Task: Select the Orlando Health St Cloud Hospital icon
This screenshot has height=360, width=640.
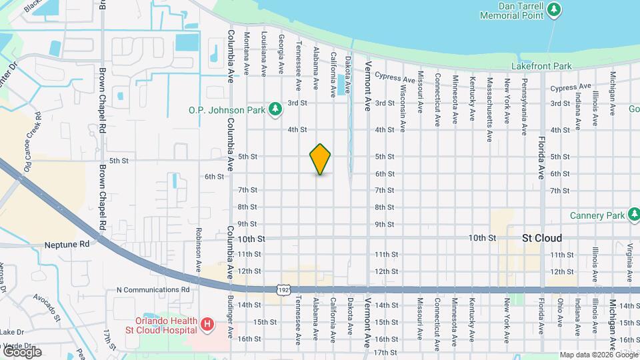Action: coord(207,325)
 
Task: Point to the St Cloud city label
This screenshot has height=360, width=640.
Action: coord(542,238)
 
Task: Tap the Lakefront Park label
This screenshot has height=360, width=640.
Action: coord(541,67)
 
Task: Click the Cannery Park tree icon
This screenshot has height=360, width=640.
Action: coord(632,215)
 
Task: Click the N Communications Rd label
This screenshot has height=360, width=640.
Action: coord(153,290)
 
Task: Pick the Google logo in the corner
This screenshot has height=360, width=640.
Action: coord(22,351)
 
